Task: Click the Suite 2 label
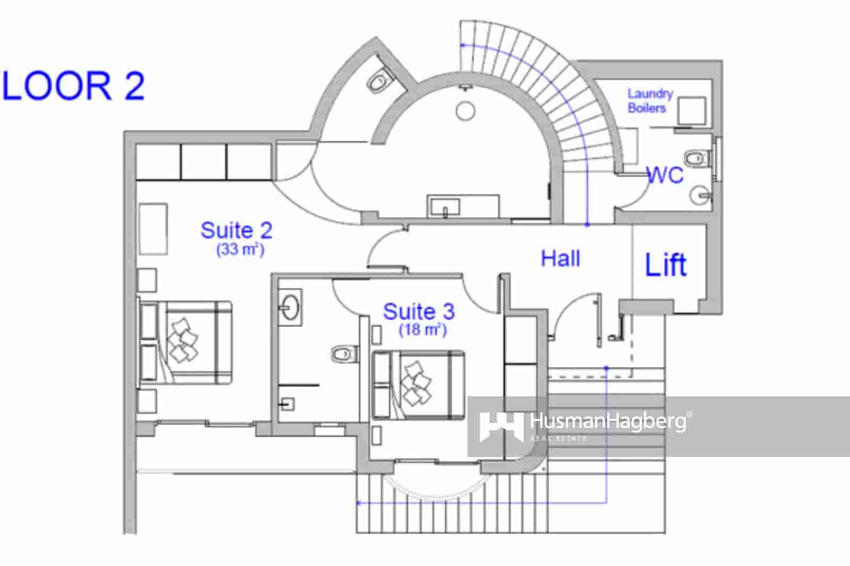236,230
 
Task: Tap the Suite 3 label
419,312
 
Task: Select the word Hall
560,259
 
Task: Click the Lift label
665,264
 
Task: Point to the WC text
665,175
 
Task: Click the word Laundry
650,94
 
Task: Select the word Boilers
647,108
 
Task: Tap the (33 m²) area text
240,249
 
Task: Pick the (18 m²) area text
422,330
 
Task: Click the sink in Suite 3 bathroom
290,307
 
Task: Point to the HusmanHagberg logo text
608,423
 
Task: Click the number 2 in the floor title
134,86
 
